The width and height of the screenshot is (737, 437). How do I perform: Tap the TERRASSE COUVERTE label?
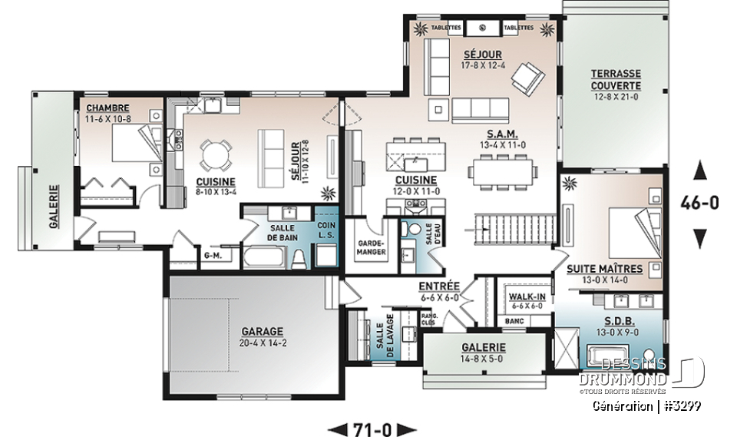(616, 79)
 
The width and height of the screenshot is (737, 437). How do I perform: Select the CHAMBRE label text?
(107, 108)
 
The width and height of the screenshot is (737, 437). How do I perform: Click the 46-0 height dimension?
(699, 204)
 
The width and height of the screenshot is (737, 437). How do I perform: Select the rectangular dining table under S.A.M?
(503, 171)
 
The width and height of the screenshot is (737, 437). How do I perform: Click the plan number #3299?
(681, 406)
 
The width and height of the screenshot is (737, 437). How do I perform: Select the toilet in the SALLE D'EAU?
(415, 230)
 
